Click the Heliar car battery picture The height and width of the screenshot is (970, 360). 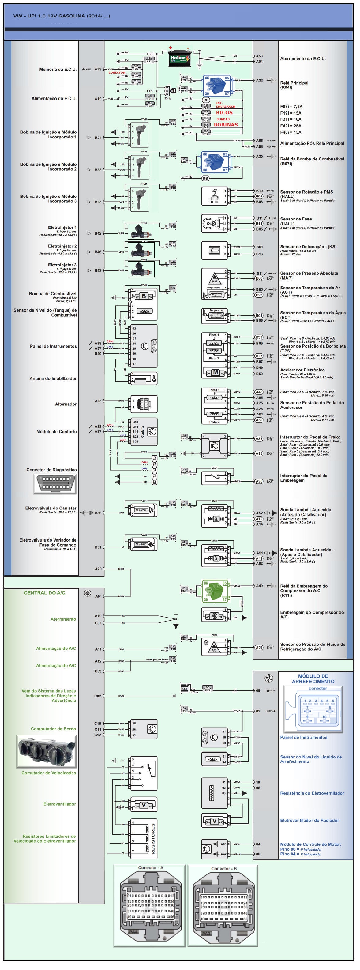pyautogui.click(x=178, y=59)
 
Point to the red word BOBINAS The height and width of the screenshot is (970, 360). pyautogui.click(x=226, y=125)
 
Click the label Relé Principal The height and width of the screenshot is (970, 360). pyautogui.click(x=294, y=83)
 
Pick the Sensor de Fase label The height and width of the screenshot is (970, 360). pyautogui.click(x=296, y=219)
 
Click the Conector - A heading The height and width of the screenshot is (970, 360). pyautogui.click(x=151, y=867)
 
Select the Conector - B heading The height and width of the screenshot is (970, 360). pyautogui.click(x=224, y=869)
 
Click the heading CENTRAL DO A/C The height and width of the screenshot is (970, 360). pyautogui.click(x=44, y=593)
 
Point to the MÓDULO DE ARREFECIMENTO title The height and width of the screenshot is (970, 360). pyautogui.click(x=313, y=679)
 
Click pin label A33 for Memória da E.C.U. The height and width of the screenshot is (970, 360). pyautogui.click(x=98, y=69)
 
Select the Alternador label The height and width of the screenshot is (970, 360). pyautogui.click(x=66, y=404)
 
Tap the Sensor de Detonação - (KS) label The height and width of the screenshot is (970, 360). pyautogui.click(x=308, y=247)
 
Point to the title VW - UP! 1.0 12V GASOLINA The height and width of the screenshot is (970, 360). pyautogui.click(x=62, y=16)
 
